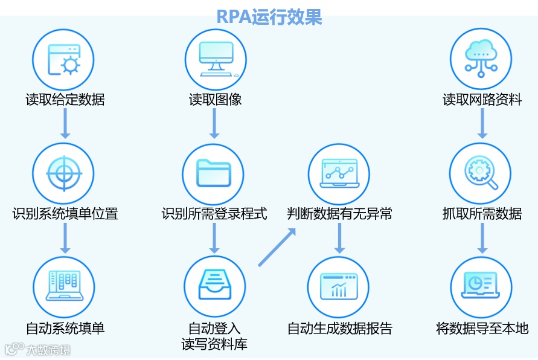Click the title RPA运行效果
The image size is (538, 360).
pyautogui.click(x=269, y=16)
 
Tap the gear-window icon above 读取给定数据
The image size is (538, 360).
pyautogui.click(x=63, y=60)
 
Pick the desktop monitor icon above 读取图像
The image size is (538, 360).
pyautogui.click(x=216, y=60)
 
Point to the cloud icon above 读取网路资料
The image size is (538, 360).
pyautogui.click(x=481, y=60)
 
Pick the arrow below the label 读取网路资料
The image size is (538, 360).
pyautogui.click(x=482, y=124)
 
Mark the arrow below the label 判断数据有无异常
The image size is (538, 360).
pyautogui.click(x=339, y=238)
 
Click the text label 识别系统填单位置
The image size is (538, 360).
pyautogui.click(x=65, y=214)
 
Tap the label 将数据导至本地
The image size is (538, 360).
pyautogui.click(x=482, y=329)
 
